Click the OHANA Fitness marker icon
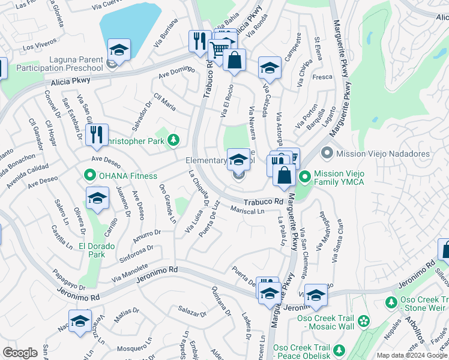[90, 176]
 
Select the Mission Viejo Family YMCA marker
[305, 176]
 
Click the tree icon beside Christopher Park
[173, 140]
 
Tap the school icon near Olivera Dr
[97, 199]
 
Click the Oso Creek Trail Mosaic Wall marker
[363, 322]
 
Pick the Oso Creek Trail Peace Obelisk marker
[340, 349]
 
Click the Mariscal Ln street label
[247, 211]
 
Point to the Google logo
[20, 353]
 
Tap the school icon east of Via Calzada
[270, 68]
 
